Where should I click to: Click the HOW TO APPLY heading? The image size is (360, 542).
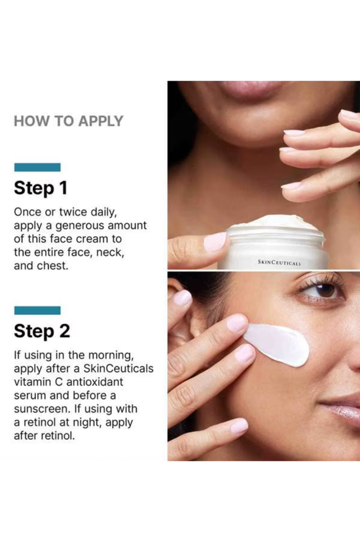69,121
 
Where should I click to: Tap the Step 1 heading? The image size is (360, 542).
41,188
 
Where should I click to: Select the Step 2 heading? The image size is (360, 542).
42,331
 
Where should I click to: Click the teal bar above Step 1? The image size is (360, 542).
37,168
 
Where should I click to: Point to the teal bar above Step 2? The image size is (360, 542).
37,310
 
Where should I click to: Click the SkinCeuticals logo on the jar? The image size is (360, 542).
279,262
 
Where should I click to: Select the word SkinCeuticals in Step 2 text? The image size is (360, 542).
118,368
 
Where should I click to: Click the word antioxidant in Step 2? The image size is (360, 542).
94,382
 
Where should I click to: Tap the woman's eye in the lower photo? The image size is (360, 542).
323,290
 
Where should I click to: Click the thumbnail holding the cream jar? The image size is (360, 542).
215,242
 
